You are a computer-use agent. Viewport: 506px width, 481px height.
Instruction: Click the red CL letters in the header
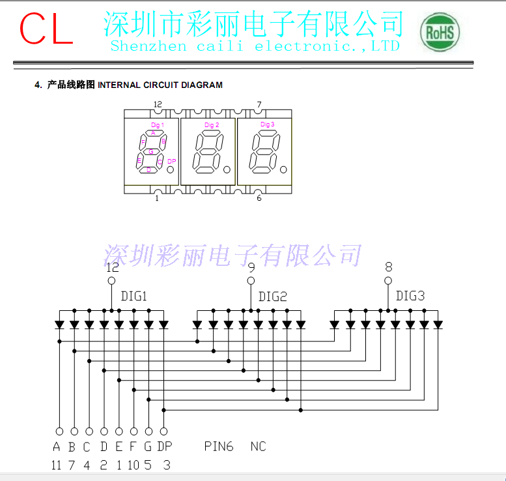click(46, 28)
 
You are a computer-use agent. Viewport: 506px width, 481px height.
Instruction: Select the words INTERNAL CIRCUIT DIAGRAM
click(160, 85)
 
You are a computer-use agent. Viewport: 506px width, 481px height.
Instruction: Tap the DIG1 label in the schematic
click(134, 297)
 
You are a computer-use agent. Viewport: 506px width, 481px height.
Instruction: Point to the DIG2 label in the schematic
click(273, 297)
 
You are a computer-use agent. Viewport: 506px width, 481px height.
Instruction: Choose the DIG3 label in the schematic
click(410, 297)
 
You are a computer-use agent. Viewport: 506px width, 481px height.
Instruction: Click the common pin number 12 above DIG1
click(112, 267)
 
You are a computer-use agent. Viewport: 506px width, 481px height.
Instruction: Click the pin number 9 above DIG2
click(251, 267)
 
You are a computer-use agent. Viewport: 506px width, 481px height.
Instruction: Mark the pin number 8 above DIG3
click(389, 267)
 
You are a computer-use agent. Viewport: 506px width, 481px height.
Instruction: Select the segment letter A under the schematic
click(57, 447)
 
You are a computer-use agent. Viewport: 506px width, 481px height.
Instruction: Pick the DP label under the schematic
click(164, 447)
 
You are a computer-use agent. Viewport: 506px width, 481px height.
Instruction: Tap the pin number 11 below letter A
click(57, 465)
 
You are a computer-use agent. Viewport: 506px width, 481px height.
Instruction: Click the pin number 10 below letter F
click(134, 465)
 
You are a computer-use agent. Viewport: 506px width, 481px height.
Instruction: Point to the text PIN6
click(218, 447)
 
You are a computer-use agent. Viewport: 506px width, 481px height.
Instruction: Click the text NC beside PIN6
click(258, 447)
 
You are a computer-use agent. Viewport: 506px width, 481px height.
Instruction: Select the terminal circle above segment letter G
click(148, 431)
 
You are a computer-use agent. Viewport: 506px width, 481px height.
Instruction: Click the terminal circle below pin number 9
click(251, 281)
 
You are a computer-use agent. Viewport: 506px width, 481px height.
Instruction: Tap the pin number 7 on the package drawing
click(259, 105)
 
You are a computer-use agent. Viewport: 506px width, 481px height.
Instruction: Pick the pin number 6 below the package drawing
click(259, 198)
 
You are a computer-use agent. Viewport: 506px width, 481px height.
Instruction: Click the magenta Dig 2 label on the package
click(212, 125)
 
